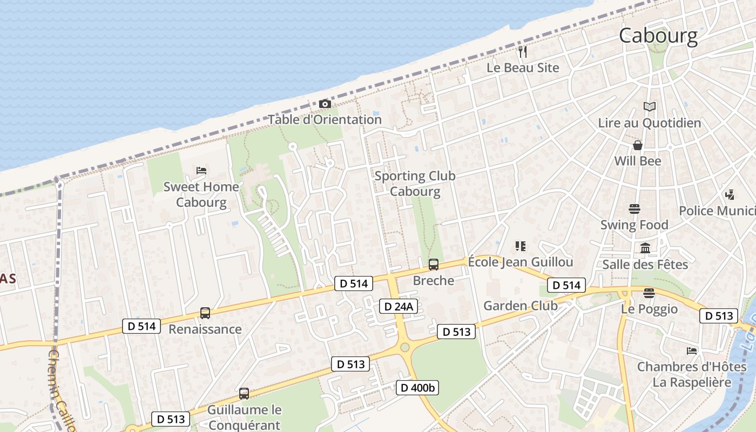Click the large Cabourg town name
click(x=658, y=36)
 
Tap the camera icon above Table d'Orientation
click(x=325, y=104)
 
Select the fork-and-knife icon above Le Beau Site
click(x=522, y=52)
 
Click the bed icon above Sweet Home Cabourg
click(x=201, y=171)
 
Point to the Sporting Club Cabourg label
click(x=415, y=184)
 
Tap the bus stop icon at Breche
click(x=433, y=265)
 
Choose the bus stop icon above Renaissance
click(x=205, y=313)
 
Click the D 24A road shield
click(x=399, y=307)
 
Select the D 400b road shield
click(x=417, y=387)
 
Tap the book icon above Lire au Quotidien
click(x=649, y=107)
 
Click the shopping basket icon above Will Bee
click(x=638, y=145)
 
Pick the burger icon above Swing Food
click(x=634, y=209)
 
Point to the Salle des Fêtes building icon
click(x=645, y=248)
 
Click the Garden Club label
click(x=520, y=306)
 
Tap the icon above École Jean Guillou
click(x=521, y=246)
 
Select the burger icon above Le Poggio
click(x=649, y=293)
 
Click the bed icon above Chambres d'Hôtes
click(x=692, y=351)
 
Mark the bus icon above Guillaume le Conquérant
click(x=244, y=394)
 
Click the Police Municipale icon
click(x=730, y=194)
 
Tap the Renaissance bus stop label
click(x=205, y=329)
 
